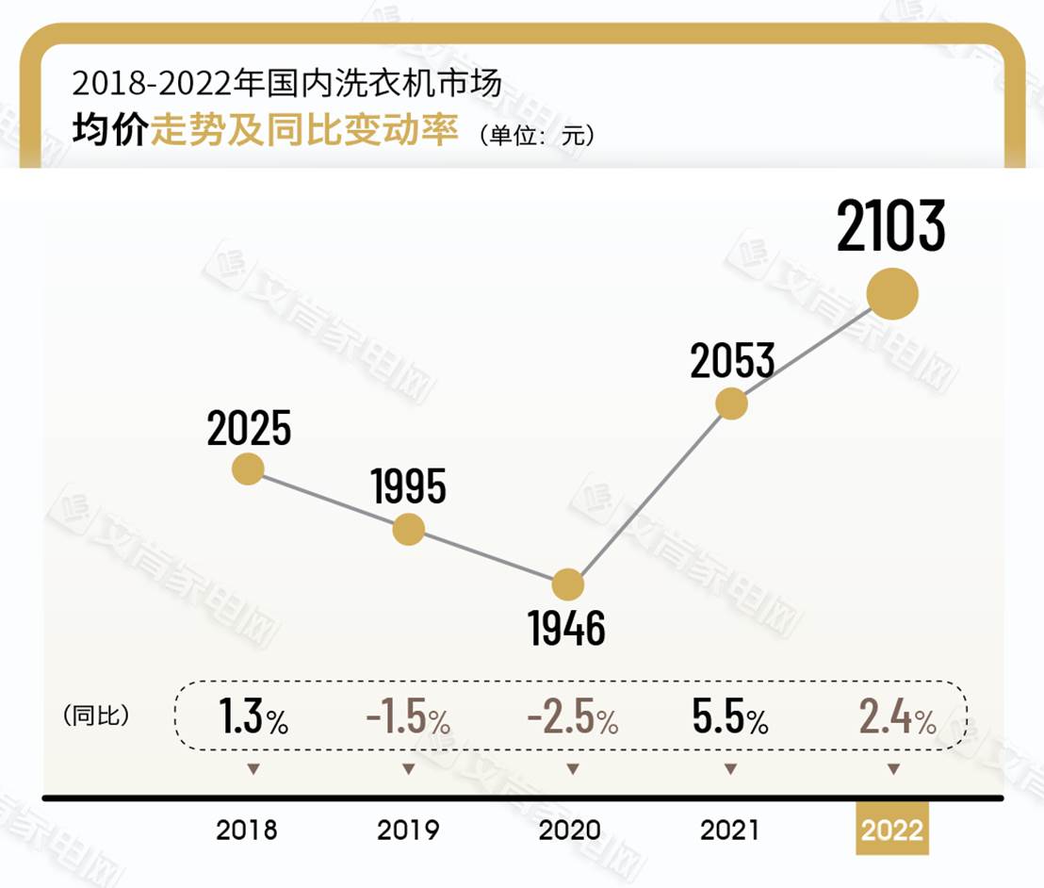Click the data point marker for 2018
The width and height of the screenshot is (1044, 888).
[x=248, y=469]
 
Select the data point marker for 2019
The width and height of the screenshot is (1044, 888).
[x=408, y=529]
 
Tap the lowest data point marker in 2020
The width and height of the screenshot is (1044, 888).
[x=568, y=585]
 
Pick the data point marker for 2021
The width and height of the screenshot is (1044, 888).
[x=731, y=403]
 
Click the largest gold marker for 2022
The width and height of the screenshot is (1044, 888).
[x=891, y=294]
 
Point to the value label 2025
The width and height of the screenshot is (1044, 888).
[x=249, y=430]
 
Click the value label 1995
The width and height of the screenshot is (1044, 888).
[x=408, y=487]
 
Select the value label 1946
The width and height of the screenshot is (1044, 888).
[x=567, y=629]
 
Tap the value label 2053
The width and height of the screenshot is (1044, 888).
[x=732, y=361]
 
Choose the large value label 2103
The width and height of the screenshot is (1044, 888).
[x=890, y=226]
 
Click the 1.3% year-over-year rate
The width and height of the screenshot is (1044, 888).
[x=253, y=719]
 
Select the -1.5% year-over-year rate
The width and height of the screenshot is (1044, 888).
[x=408, y=719]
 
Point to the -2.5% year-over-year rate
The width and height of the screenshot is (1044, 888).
[x=572, y=719]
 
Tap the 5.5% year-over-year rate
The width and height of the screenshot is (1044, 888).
[x=730, y=719]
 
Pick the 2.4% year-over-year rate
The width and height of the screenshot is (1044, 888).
[x=896, y=719]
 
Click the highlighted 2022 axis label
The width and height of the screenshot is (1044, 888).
[x=891, y=830]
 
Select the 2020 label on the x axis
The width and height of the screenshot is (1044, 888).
[x=569, y=830]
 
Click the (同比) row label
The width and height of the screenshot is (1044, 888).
[x=96, y=715]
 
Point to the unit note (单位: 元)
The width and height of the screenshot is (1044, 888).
[x=536, y=135]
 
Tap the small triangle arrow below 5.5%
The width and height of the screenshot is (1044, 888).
[x=730, y=769]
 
